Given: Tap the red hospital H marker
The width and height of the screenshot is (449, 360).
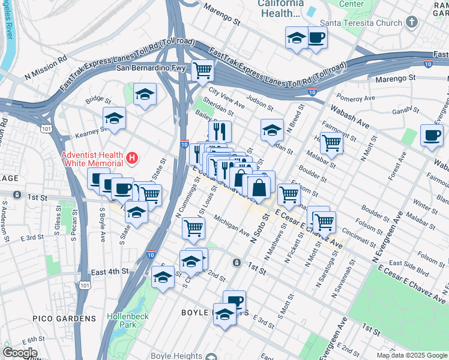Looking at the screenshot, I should click(133, 158).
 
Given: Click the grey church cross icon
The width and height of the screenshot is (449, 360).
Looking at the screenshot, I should click(411, 23).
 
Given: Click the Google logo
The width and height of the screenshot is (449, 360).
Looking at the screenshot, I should click(20, 353).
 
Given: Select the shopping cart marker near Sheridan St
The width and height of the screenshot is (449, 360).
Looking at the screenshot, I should click(203, 70).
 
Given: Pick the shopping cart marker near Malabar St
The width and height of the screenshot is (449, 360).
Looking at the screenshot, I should click(332, 143).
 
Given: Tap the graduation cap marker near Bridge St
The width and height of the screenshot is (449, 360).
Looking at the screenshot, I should click(145, 94).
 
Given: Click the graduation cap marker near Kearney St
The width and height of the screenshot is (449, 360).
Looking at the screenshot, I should click(114, 118).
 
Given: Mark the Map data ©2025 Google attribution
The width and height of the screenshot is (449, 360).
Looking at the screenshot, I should click(412, 355).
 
